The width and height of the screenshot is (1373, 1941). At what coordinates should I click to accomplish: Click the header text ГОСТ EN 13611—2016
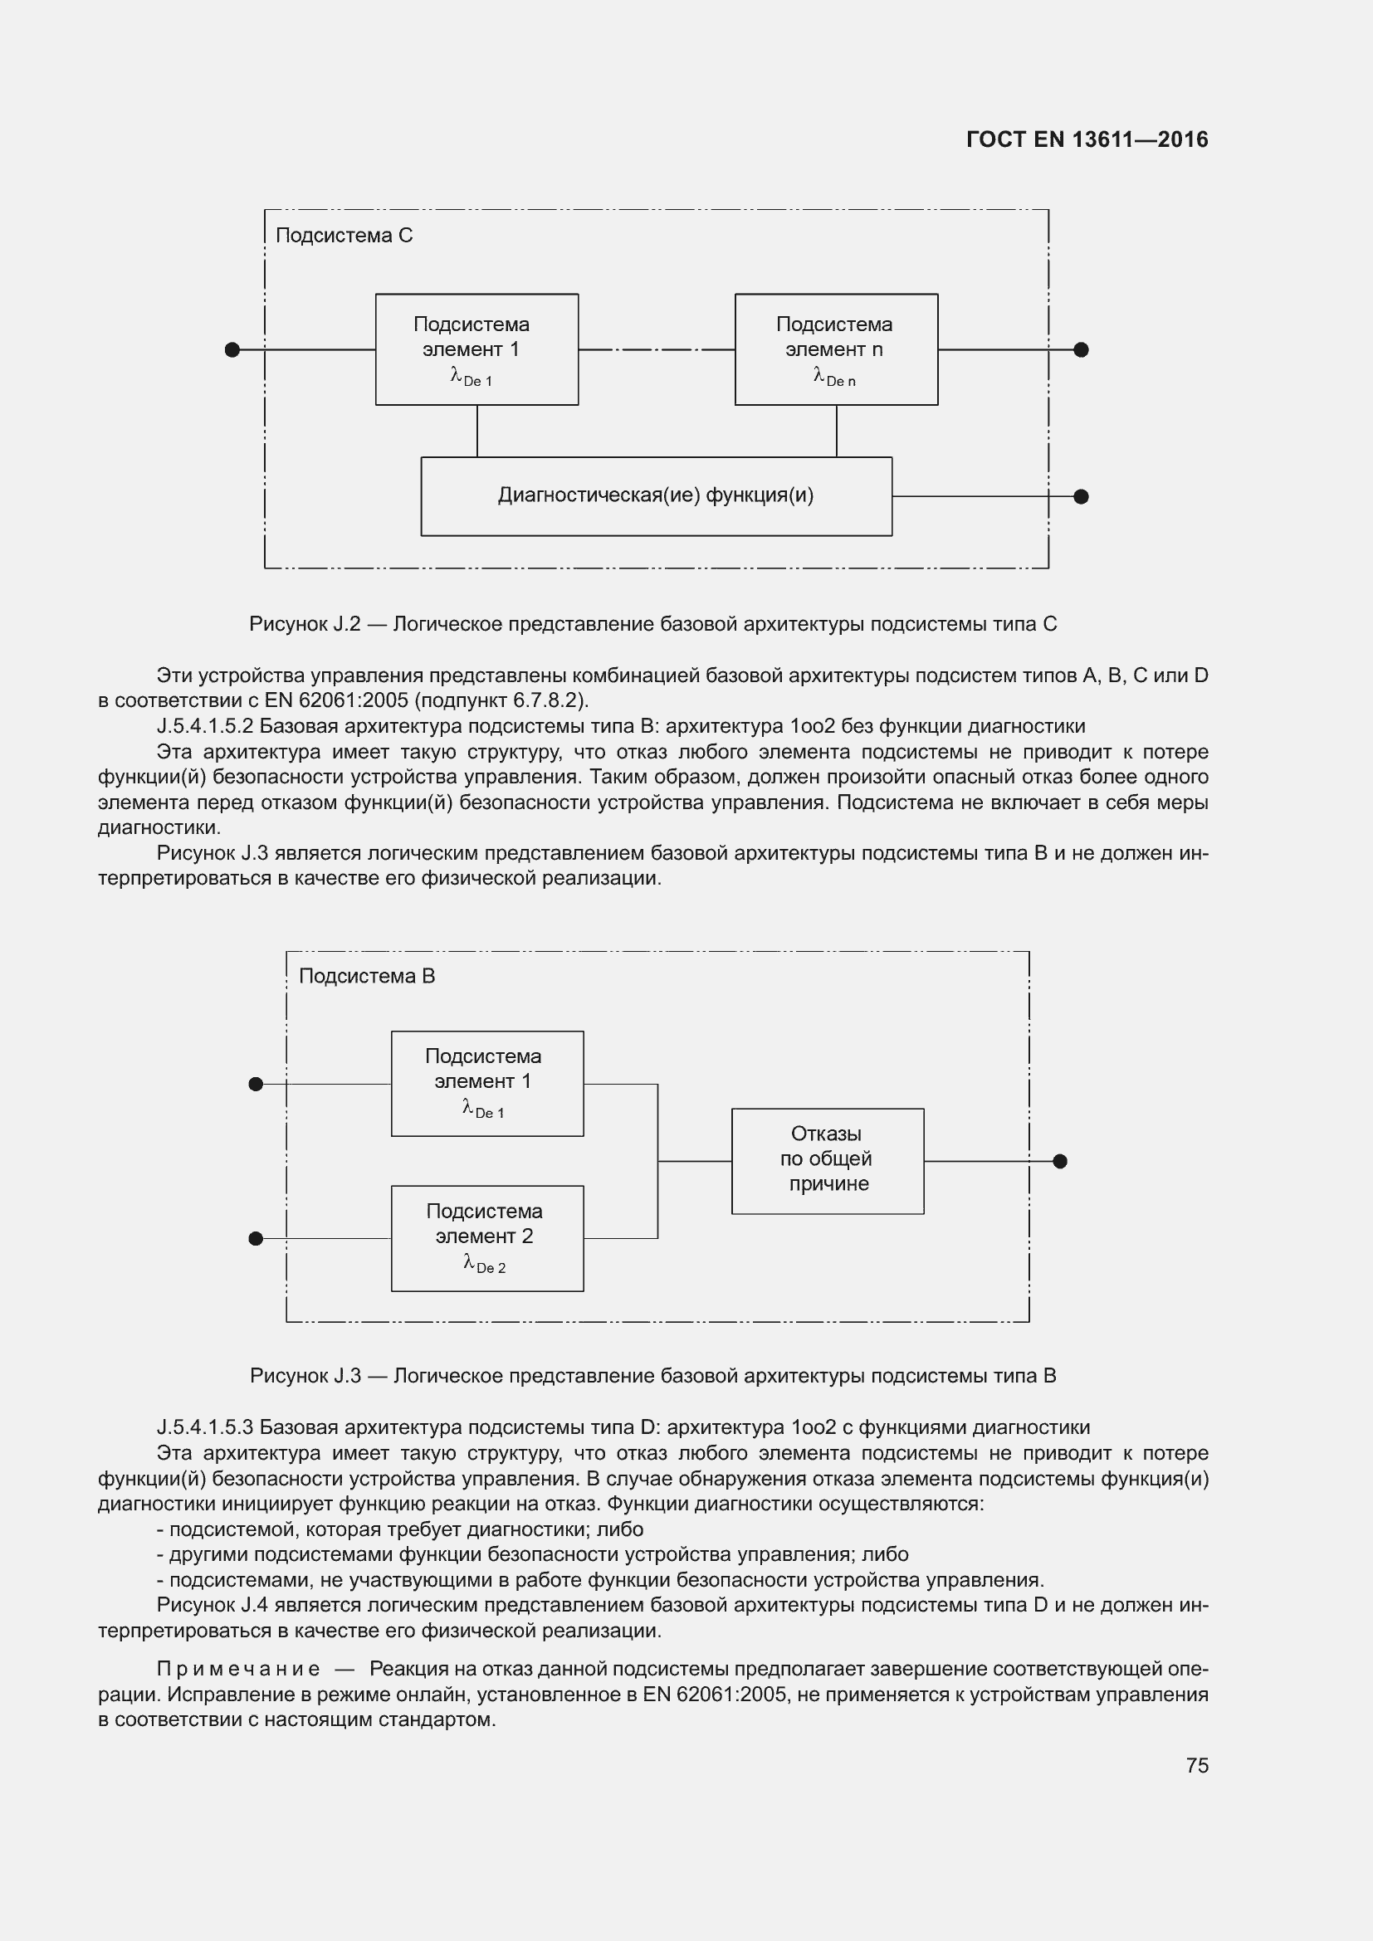(1087, 139)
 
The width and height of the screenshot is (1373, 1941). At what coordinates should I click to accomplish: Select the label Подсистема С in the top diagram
(344, 235)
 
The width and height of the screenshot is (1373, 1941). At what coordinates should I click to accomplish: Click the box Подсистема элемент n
(835, 349)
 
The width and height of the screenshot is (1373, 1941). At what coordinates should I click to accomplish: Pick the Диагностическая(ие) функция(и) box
(656, 496)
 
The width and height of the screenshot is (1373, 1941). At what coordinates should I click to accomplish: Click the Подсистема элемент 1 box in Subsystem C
(476, 349)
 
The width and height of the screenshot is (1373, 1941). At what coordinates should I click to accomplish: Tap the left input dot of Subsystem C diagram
(232, 350)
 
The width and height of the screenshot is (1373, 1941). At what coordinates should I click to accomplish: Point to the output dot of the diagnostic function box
(1081, 496)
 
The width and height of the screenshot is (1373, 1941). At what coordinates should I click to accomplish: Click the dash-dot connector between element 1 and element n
(656, 350)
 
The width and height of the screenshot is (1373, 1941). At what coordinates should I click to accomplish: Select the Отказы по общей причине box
(827, 1161)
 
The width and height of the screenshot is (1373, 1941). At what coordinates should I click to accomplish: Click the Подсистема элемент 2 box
(487, 1238)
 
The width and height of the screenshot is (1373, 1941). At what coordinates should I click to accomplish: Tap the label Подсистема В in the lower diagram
(367, 976)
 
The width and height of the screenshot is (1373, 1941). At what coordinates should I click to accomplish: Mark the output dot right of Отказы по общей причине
(1060, 1162)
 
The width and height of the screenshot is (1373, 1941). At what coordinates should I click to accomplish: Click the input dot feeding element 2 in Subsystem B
(257, 1238)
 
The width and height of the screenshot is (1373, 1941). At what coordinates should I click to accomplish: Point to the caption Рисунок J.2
(305, 624)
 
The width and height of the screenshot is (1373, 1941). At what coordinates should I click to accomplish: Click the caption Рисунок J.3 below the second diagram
(305, 1375)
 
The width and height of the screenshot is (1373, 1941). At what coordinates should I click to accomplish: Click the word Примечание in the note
(238, 1669)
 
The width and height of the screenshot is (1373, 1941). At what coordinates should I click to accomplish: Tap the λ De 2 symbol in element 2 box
(485, 1265)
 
